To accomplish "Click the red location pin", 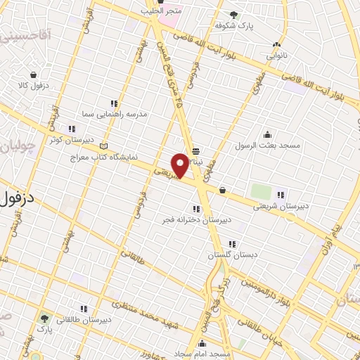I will tap(181, 165).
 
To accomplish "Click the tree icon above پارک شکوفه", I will tap(234, 14).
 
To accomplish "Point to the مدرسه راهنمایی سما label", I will tap(114, 113).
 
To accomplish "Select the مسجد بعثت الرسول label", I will tap(267, 145).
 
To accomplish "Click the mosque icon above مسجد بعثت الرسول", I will tap(267, 134).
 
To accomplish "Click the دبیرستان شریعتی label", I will tap(281, 206).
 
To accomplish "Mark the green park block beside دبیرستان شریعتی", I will tap(261, 191).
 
